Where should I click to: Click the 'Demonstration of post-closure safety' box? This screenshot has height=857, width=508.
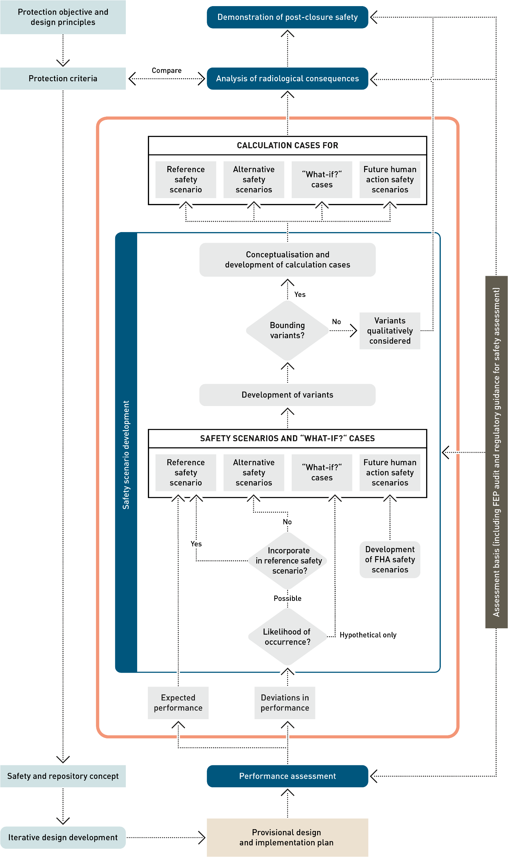point(287,17)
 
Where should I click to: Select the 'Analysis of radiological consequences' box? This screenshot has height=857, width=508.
point(287,79)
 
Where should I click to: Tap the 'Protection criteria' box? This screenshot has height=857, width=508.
point(63,79)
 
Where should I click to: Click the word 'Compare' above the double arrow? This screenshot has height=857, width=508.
point(166,71)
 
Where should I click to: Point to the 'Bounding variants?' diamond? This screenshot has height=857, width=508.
point(287,330)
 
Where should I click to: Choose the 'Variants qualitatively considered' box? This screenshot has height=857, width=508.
point(389,331)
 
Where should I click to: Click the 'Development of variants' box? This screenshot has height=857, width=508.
point(287,395)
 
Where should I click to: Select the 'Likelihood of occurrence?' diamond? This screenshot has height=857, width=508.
point(287,637)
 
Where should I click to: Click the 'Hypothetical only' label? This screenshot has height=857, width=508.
point(368,635)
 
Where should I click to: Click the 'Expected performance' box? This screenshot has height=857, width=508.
point(178,703)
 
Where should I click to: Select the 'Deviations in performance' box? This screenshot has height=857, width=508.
point(284,703)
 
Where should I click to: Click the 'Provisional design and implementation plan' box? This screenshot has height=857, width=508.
point(287,837)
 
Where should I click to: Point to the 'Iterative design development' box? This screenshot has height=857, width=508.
point(63,837)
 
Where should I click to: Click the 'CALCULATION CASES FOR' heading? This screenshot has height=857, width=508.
point(287,145)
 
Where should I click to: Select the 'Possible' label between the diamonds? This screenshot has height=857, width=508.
point(287,598)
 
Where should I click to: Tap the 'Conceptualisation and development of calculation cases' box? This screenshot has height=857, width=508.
point(287,260)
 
